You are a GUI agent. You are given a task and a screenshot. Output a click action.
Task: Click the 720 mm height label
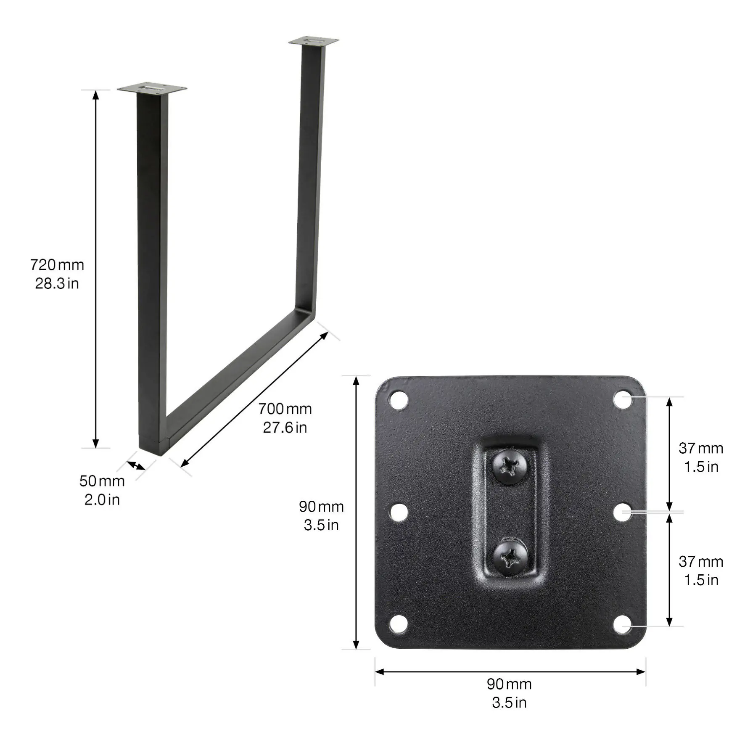tap(57, 265)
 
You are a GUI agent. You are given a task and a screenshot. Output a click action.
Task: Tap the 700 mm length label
tap(285, 409)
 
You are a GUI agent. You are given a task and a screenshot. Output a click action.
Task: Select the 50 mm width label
tap(102, 481)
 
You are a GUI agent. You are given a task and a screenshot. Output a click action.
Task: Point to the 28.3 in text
tap(57, 283)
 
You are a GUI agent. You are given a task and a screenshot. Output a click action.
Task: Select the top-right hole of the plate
tap(623, 399)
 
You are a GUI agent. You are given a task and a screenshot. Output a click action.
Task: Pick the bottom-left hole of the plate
tap(398, 624)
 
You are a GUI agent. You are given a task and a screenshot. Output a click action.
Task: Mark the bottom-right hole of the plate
tap(623, 624)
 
